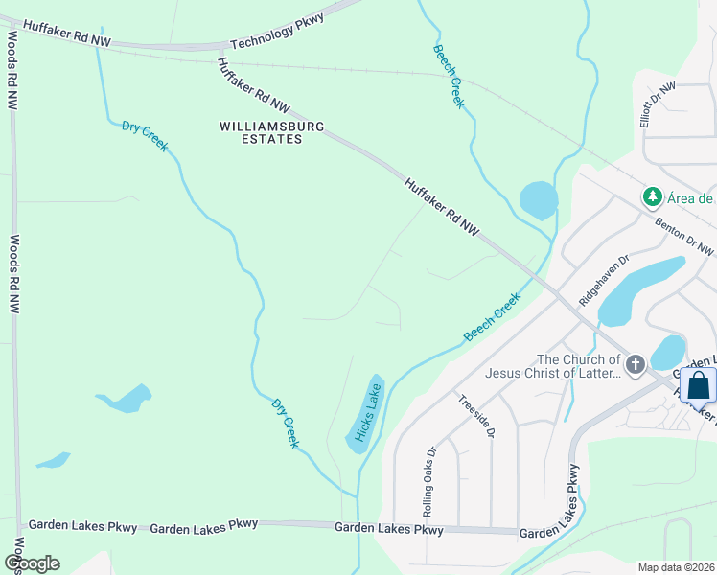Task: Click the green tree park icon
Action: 653,196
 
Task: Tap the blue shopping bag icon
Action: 699,386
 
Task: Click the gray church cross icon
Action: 635,365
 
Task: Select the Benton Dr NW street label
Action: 684,236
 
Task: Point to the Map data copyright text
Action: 676,566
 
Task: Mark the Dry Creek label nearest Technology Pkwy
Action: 145,135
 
